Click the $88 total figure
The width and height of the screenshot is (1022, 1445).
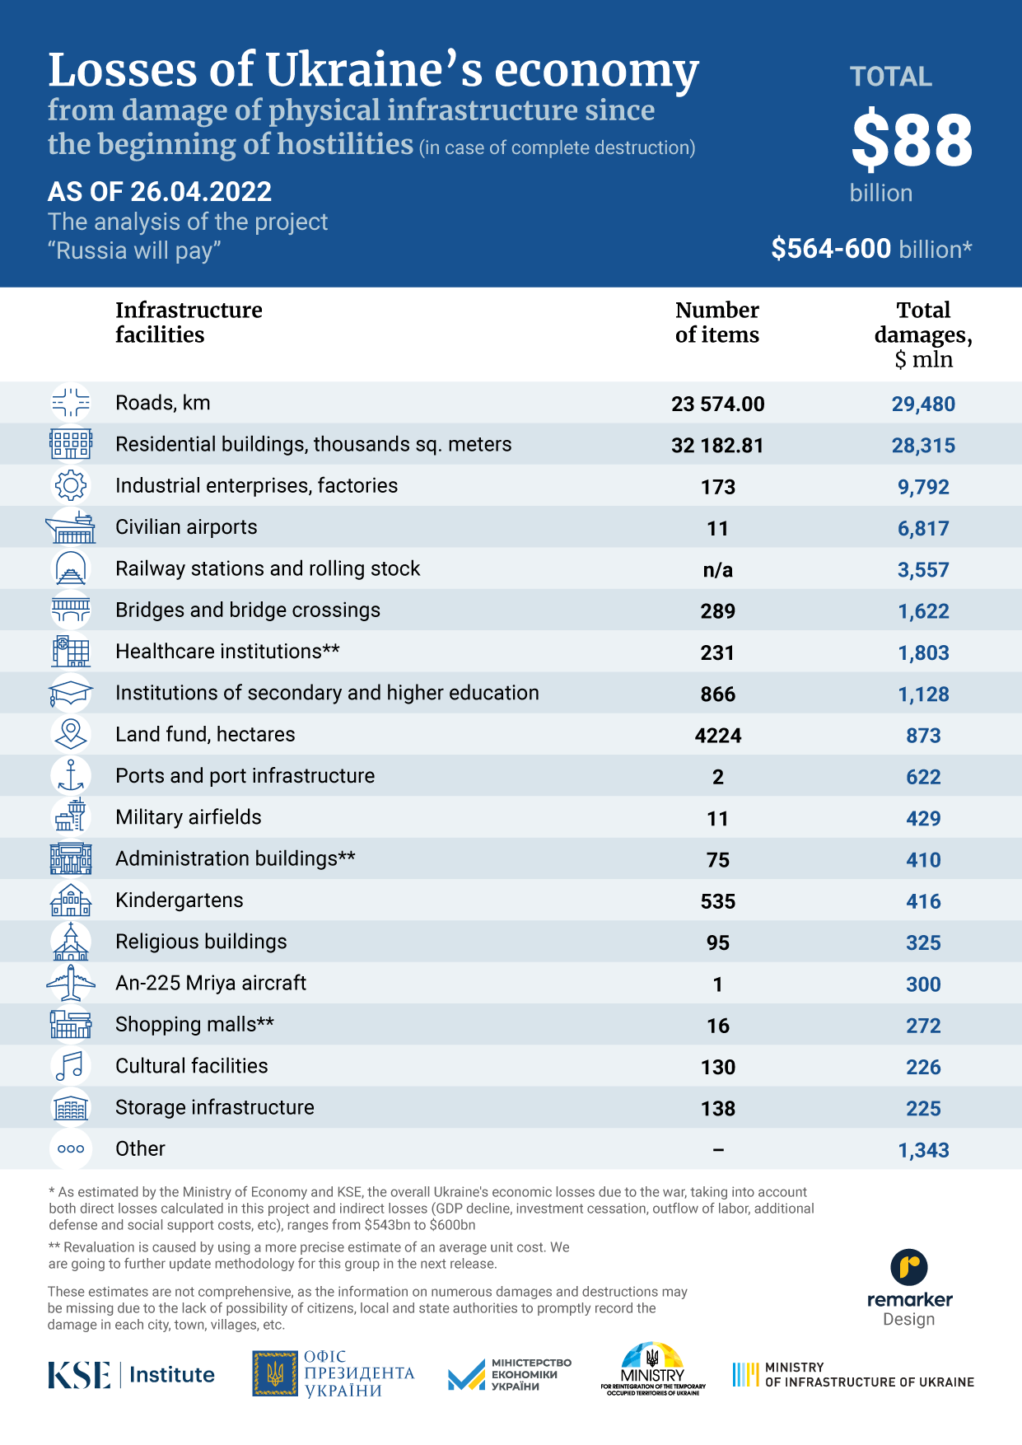(x=912, y=140)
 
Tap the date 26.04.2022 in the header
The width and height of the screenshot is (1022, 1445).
(x=201, y=192)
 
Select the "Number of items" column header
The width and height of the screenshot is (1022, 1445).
(x=717, y=322)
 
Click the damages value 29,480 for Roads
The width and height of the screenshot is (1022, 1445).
(x=923, y=404)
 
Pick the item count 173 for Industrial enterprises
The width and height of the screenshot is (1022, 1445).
(x=718, y=487)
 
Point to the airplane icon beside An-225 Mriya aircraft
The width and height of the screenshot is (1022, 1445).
(x=71, y=983)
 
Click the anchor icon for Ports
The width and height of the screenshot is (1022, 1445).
(x=71, y=776)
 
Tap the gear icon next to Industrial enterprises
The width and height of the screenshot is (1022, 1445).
(x=71, y=485)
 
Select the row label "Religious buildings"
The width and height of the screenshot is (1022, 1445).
(x=201, y=942)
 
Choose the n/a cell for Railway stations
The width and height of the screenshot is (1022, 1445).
(x=718, y=570)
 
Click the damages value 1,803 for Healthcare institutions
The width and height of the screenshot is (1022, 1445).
(x=923, y=652)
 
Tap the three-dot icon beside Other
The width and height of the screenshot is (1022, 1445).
(x=71, y=1149)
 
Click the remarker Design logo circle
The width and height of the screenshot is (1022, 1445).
(x=909, y=1267)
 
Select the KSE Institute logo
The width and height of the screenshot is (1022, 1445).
(x=131, y=1374)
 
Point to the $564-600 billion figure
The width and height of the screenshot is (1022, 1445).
(x=871, y=249)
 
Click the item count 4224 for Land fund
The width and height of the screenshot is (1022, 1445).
(x=718, y=736)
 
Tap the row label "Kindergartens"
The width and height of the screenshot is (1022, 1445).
(x=180, y=900)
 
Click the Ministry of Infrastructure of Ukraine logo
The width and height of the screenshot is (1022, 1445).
(x=853, y=1374)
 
